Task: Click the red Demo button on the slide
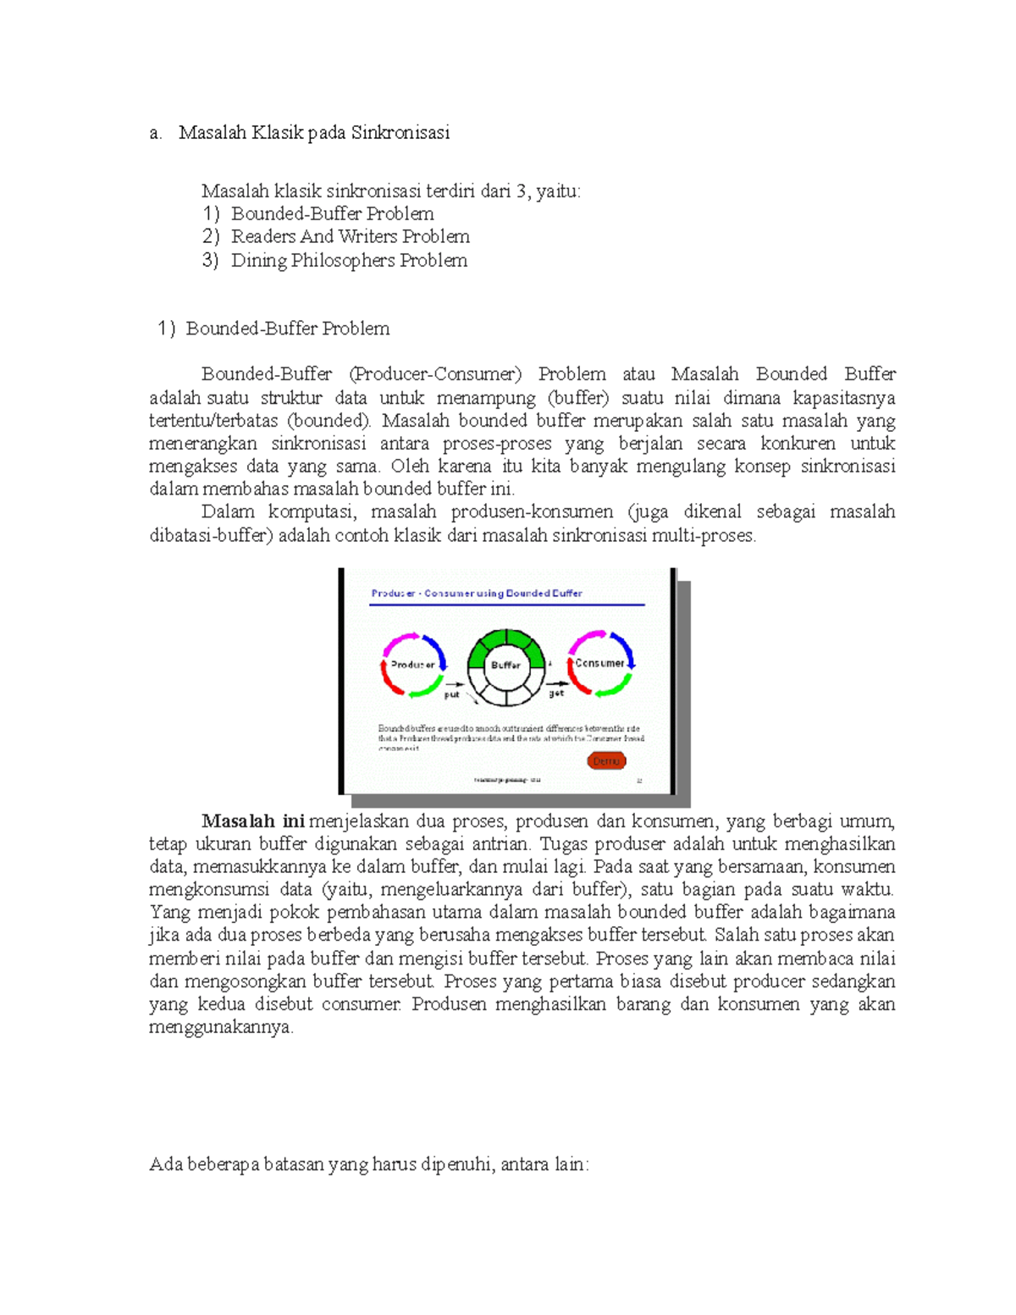[606, 760]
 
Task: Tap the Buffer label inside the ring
[505, 665]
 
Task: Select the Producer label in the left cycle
[412, 665]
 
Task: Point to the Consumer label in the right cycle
[599, 663]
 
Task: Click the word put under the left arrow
[452, 694]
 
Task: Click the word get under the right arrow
[556, 693]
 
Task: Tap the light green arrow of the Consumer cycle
[613, 688]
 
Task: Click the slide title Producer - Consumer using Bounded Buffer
[477, 594]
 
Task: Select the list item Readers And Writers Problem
[350, 236]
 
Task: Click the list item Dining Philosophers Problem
[349, 260]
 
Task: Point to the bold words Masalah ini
[252, 820]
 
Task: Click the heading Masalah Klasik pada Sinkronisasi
[314, 132]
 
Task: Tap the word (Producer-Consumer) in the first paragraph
[435, 373]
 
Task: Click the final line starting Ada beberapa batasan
[368, 1164]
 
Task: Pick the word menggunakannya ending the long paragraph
[220, 1027]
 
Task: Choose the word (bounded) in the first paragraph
[329, 421]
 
